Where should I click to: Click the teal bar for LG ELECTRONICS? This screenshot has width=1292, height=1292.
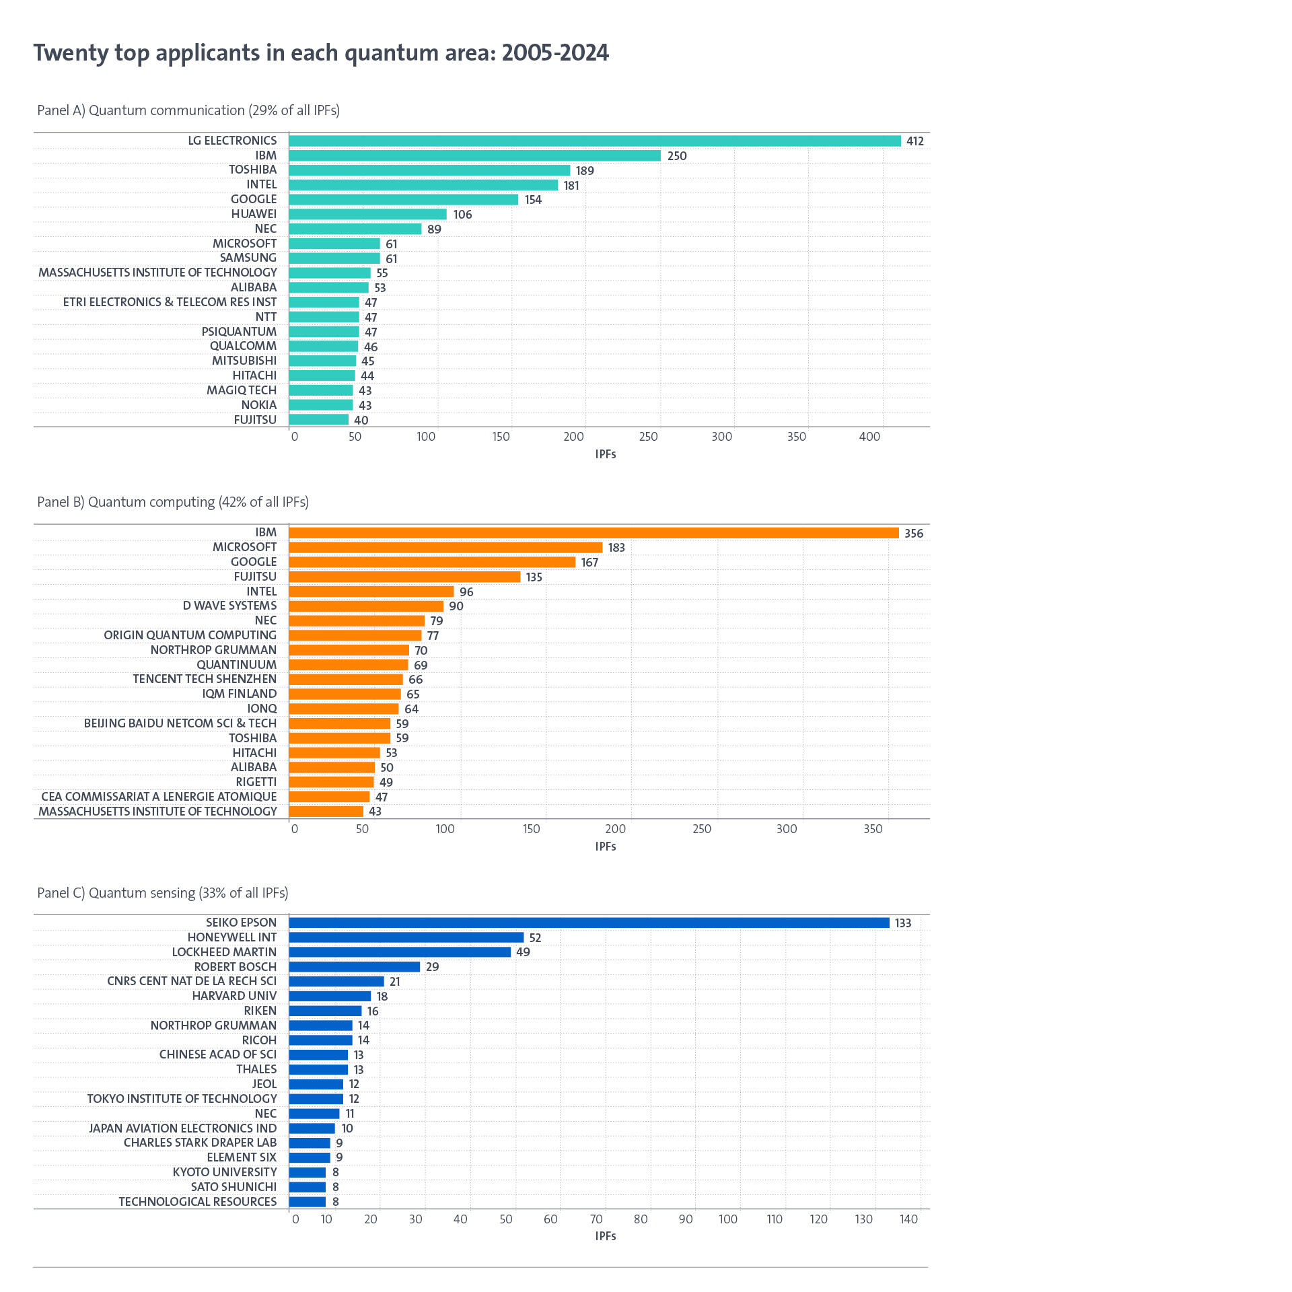595,141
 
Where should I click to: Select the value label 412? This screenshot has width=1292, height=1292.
914,141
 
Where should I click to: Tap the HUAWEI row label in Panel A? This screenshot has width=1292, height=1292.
254,214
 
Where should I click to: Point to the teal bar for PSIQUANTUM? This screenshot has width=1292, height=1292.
324,332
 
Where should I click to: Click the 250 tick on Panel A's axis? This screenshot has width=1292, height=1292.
648,437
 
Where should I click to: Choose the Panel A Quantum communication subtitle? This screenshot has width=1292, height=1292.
188,110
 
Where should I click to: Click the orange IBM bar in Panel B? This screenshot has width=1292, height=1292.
594,533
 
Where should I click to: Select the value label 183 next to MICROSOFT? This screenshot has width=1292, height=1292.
616,548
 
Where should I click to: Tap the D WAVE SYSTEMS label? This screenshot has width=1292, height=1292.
229,606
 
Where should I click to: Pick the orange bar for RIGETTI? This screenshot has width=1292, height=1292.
331,782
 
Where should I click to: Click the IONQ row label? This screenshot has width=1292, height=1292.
262,709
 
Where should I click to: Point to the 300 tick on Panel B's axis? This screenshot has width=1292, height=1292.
786,829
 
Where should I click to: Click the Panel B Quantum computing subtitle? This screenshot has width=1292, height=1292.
173,502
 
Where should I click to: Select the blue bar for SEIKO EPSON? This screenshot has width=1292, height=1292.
589,923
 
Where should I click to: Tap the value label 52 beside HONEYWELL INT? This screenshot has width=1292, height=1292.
535,938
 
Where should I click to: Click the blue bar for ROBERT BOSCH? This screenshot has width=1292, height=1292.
354,967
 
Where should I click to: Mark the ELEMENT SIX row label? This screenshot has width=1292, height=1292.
242,1157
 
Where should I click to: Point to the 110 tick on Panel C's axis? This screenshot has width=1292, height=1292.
775,1219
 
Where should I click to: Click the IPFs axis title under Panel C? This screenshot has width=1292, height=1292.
605,1236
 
